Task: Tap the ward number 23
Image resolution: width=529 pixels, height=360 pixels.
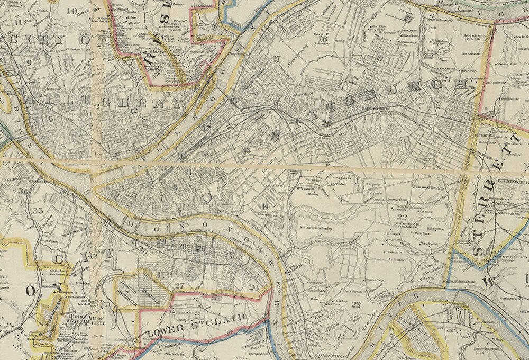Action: [x=356, y=304]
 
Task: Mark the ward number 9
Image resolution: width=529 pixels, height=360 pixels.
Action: [x=29, y=62]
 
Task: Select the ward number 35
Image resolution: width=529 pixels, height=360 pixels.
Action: [x=38, y=211]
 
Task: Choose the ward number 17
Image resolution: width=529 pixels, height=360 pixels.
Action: [x=276, y=59]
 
